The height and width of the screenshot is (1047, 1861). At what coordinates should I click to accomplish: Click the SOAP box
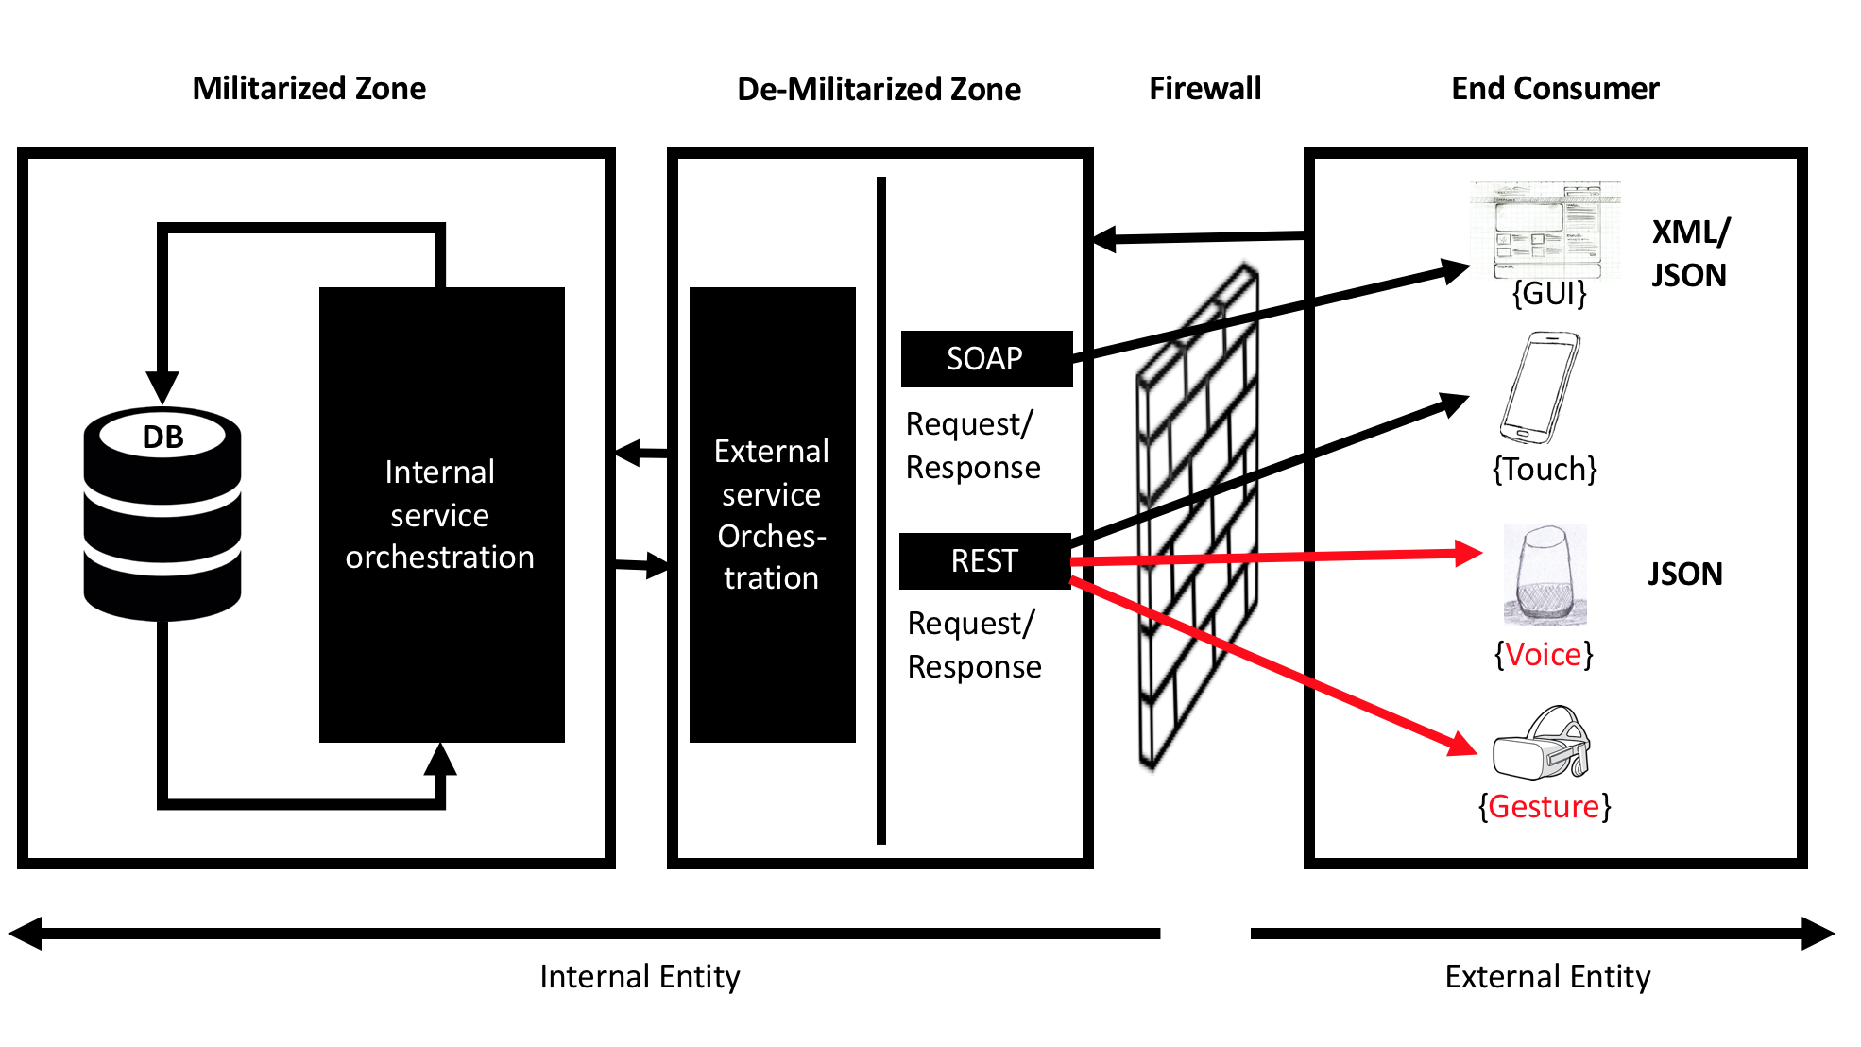986,359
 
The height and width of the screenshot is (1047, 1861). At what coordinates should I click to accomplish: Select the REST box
984,561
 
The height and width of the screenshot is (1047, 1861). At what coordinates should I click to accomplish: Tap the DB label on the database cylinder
162,437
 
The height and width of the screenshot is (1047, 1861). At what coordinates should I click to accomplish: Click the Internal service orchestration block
441,515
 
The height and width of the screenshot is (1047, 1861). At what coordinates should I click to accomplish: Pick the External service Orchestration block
772,515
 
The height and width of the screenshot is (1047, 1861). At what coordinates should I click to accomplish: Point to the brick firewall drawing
1198,520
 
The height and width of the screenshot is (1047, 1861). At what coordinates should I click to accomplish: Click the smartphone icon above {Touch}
1540,387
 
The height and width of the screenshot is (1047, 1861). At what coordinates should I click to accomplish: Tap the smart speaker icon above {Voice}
1545,575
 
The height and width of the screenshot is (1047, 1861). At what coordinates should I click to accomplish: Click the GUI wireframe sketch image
1545,229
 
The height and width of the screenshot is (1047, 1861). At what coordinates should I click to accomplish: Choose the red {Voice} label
1544,654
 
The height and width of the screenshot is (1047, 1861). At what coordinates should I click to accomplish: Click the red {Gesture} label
1545,807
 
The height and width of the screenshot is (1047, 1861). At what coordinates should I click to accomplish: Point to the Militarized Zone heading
309,89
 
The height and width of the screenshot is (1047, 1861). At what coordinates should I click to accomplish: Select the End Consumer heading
1555,89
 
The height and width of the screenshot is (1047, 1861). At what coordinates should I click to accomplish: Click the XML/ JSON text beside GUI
1690,253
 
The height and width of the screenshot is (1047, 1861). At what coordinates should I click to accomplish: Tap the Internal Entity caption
640,976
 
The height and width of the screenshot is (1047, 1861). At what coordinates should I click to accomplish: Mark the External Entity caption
1547,976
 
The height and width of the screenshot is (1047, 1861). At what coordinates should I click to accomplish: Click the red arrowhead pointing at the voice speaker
1469,553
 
